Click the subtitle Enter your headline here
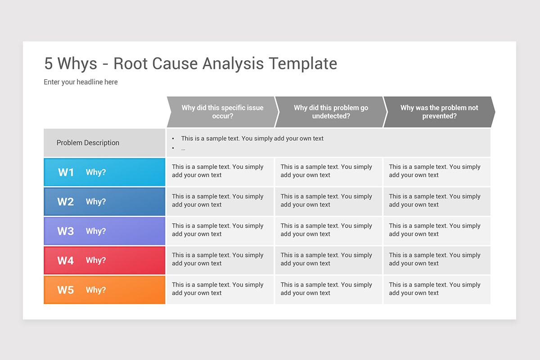coord(81,82)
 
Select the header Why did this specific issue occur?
coord(222,112)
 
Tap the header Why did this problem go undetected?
coord(331,112)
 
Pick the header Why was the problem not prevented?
coord(439,112)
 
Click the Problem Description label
coord(88,143)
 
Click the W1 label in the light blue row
coord(66,172)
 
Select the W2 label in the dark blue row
coord(66,202)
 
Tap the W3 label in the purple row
coord(66,231)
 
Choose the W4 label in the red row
coord(66,261)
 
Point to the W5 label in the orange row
coord(66,290)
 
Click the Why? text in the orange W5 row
coord(96,290)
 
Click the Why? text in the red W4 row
coord(96,261)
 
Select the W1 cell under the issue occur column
coord(220,171)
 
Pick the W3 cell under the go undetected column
coord(328,230)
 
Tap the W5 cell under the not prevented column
coord(436,289)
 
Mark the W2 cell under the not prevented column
coord(436,201)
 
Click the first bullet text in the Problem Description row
coord(252,139)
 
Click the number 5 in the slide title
coord(49,63)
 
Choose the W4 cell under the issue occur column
coord(220,259)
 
